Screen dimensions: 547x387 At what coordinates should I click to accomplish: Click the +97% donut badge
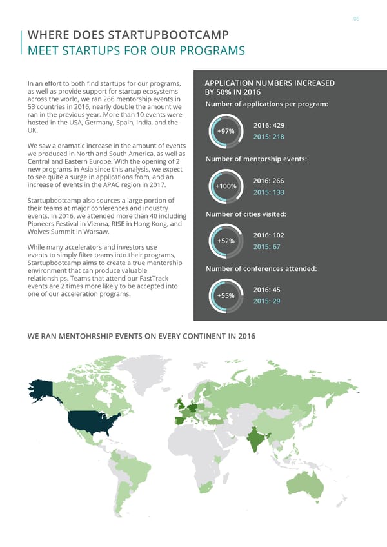(x=226, y=132)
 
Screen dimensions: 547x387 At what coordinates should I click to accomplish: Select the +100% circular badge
(x=226, y=186)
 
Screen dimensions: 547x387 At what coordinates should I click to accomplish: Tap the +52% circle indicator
(x=226, y=241)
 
